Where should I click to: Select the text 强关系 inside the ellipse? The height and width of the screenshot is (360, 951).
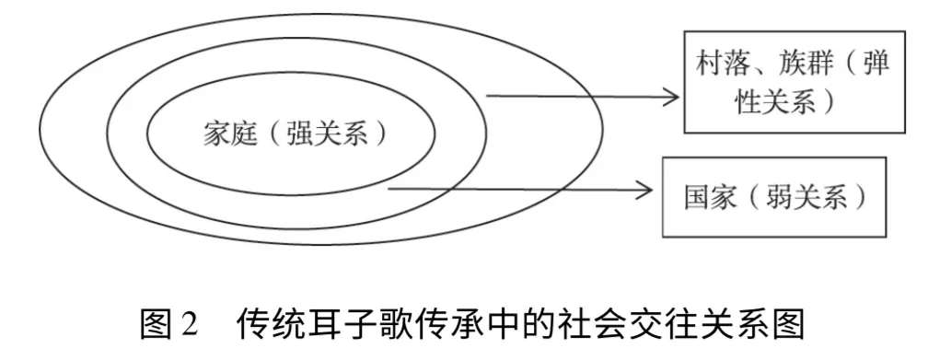click(x=328, y=134)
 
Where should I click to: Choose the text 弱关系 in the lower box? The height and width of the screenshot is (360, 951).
click(x=808, y=197)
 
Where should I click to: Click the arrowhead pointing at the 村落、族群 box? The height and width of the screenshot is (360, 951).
click(x=669, y=97)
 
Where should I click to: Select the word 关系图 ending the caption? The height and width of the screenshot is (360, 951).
click(x=759, y=324)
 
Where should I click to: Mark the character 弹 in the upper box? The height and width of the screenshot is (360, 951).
click(x=876, y=63)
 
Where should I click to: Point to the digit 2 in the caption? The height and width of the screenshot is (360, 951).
click(x=190, y=325)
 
